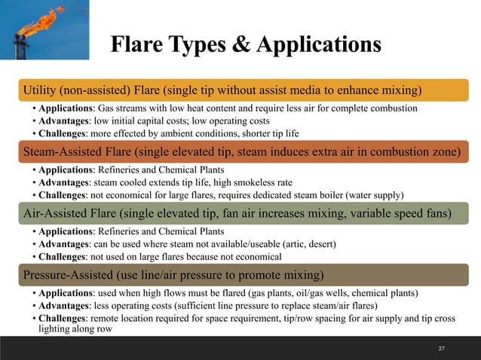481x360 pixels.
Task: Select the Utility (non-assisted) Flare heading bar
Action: pyautogui.click(x=240, y=91)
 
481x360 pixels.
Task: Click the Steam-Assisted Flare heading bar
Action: pyautogui.click(x=240, y=153)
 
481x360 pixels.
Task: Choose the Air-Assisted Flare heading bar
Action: pyautogui.click(x=240, y=214)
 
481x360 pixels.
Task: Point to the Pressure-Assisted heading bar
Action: pyautogui.click(x=240, y=273)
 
